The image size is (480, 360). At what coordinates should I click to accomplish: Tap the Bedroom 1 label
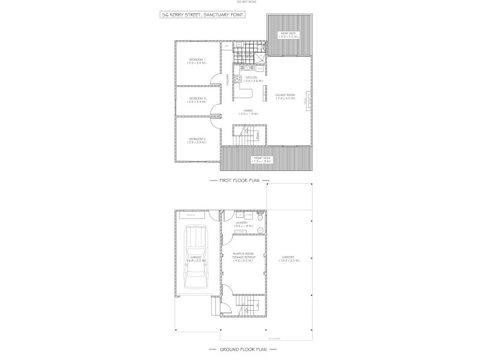(197, 61)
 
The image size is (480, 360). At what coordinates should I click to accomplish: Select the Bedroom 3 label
(197, 100)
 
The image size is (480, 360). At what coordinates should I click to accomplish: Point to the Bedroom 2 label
(197, 140)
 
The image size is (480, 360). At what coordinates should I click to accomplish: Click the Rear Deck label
(289, 35)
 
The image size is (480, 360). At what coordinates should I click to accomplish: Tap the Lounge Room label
(285, 96)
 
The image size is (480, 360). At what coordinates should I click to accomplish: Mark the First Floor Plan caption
(240, 180)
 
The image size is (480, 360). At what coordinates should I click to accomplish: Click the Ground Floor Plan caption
(240, 349)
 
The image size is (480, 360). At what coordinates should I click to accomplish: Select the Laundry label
(242, 224)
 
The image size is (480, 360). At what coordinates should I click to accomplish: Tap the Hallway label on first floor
(227, 79)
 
